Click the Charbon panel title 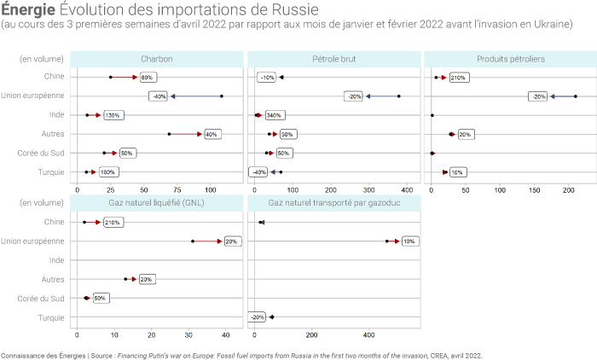pos(158,59)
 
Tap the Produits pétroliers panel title pos(508,59)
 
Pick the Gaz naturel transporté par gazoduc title pos(333,203)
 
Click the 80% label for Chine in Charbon pos(146,78)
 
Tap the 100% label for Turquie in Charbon pos(108,171)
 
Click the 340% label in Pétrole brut pos(274,115)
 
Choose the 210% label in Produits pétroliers pos(457,78)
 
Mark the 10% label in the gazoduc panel pos(409,241)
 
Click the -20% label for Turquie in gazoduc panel pos(257,317)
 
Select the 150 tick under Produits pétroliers pos(535,189)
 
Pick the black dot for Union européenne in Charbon pos(222,96)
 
